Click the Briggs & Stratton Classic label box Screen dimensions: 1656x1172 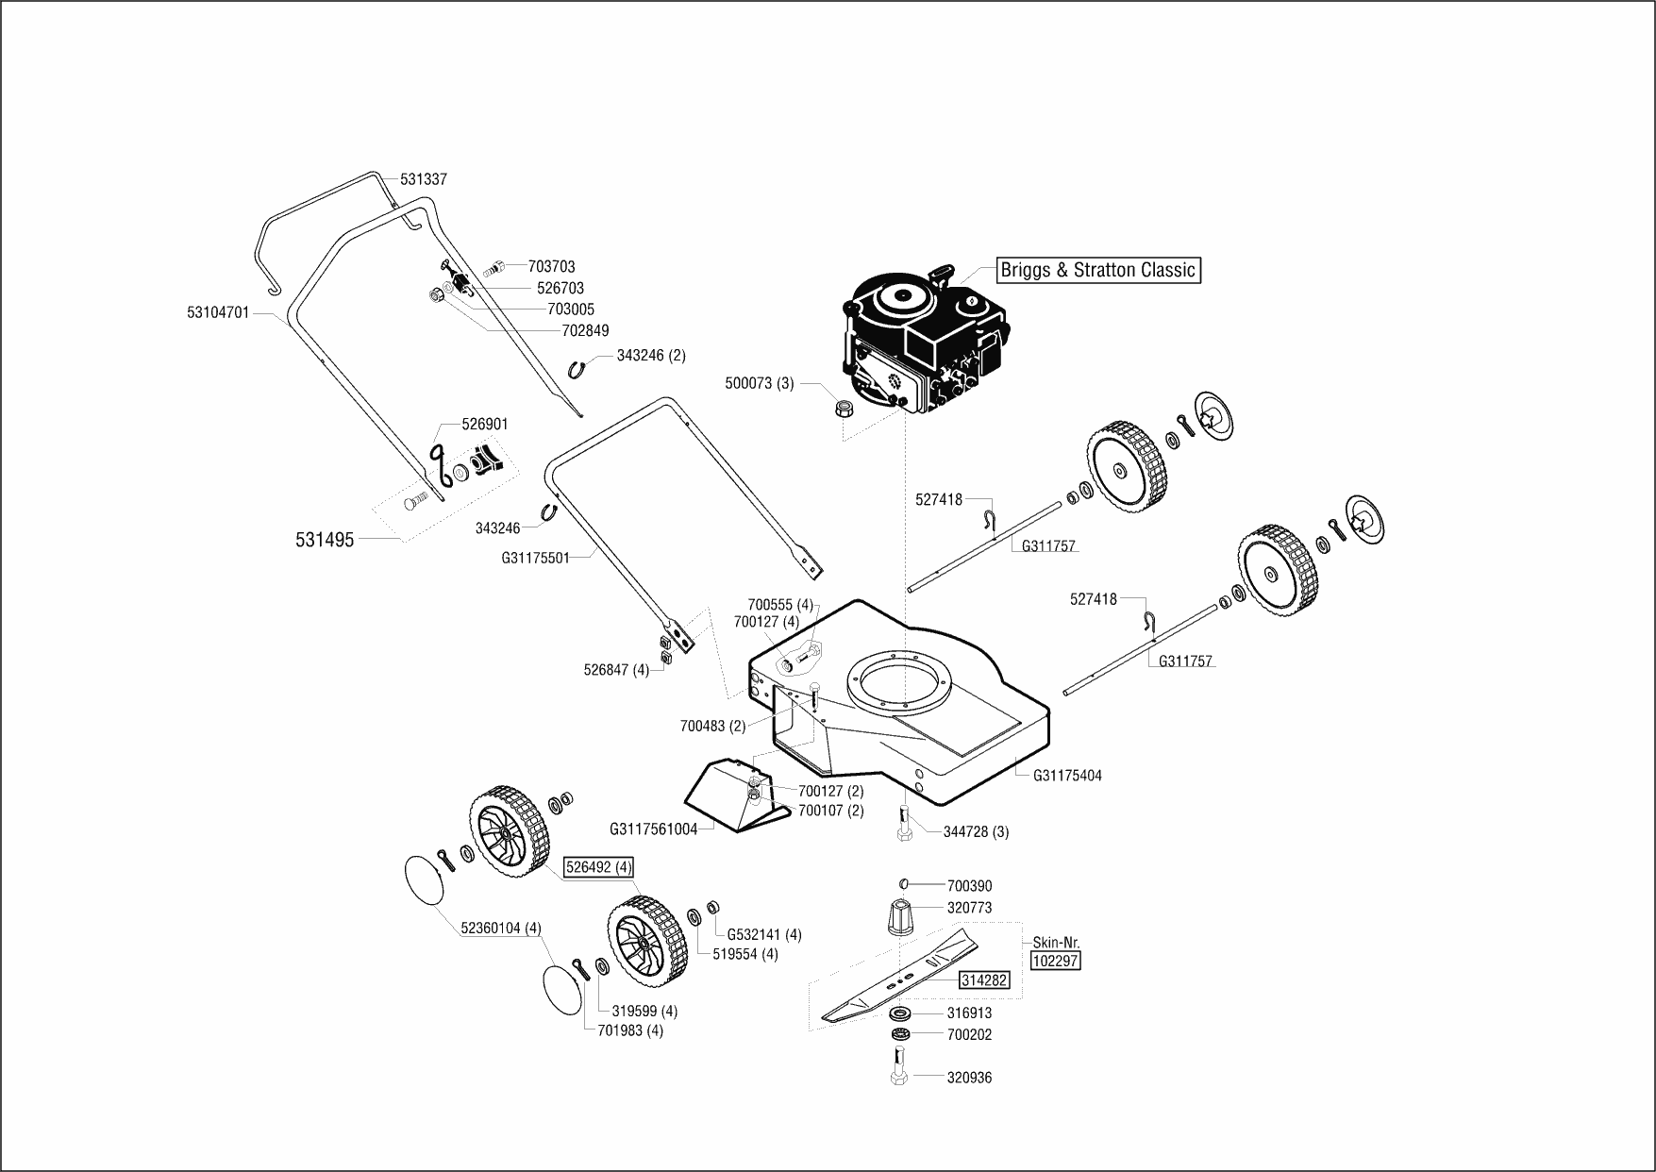pos(1099,270)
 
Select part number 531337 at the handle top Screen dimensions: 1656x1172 pos(424,179)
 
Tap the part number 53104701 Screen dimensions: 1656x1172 pos(218,312)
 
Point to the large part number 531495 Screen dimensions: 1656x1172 pos(325,540)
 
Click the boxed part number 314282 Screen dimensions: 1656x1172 pos(984,980)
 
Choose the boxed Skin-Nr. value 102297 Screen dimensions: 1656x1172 pos(1056,961)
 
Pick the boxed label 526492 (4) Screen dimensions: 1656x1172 pos(598,867)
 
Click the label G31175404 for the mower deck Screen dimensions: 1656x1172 pos(1067,776)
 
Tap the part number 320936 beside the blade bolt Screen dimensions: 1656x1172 pos(969,1078)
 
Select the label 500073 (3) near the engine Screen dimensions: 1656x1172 pos(760,384)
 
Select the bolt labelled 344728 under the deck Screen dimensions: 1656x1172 pos(904,826)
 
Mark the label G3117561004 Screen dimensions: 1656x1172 pos(654,829)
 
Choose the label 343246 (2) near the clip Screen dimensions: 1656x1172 pos(651,356)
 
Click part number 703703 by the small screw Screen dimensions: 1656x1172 pos(552,267)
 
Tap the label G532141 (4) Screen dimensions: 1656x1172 pos(764,934)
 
